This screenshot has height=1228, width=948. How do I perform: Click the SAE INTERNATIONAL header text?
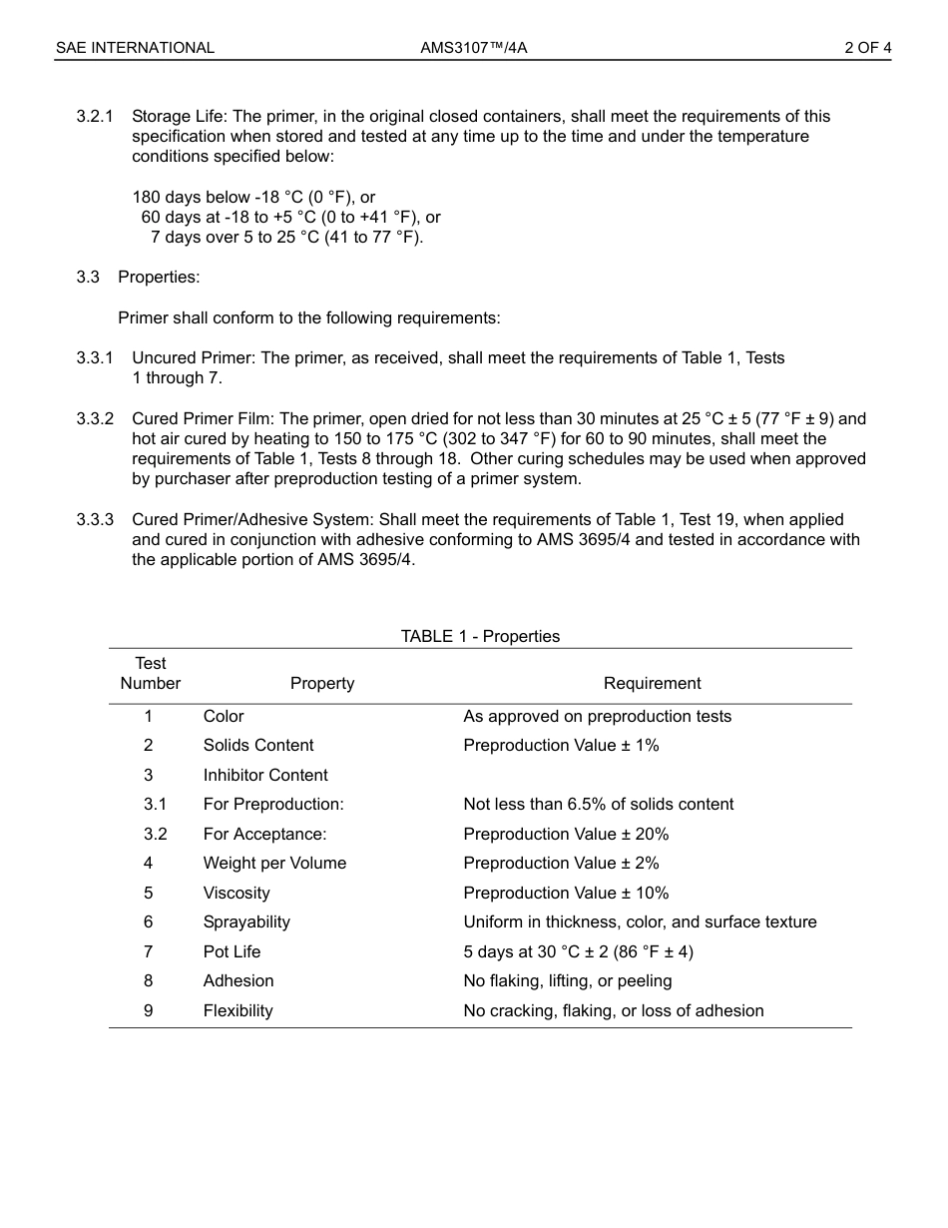(135, 48)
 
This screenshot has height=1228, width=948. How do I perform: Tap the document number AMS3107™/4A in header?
(473, 48)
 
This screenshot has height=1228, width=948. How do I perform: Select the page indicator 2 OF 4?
(867, 48)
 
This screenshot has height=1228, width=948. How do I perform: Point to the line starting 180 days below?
(253, 198)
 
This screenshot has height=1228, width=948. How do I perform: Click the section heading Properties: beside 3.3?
(159, 278)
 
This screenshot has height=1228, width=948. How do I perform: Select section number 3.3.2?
(95, 419)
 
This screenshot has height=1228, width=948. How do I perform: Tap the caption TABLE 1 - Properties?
(480, 637)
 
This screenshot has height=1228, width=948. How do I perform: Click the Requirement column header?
(652, 684)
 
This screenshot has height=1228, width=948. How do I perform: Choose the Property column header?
(321, 684)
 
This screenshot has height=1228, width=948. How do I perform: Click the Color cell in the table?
(224, 717)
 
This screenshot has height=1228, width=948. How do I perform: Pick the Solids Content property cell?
(258, 746)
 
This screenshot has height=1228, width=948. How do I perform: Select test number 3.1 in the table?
(155, 805)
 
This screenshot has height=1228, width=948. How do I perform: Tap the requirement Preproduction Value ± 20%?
(566, 835)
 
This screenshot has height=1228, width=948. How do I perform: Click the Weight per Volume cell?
(274, 864)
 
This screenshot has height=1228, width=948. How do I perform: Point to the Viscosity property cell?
(237, 894)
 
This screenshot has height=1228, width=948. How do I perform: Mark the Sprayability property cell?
(246, 922)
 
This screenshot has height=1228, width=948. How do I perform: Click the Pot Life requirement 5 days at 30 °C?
(578, 952)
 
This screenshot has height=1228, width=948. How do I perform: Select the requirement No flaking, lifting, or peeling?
(567, 981)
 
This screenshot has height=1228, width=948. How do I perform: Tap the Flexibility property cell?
(237, 1011)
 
